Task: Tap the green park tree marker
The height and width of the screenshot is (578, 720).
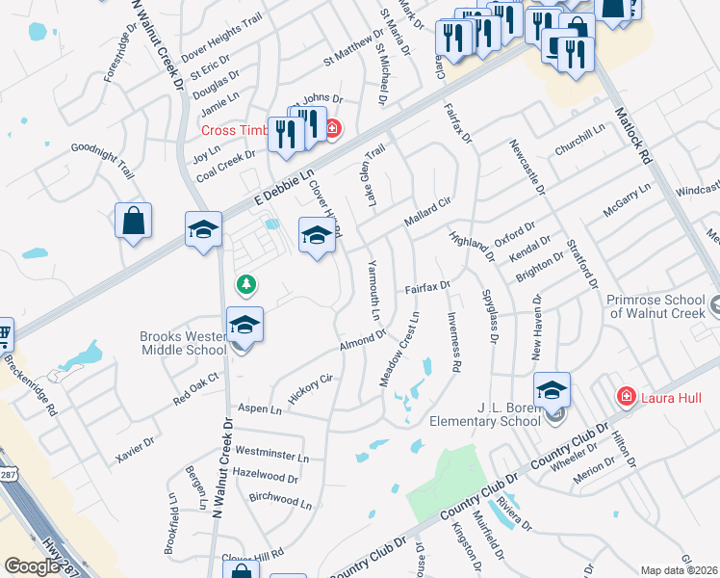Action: tap(247, 284)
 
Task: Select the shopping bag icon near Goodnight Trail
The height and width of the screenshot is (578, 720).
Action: tap(133, 221)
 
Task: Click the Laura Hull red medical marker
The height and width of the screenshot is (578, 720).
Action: tap(626, 396)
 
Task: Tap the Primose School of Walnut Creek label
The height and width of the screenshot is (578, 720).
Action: tap(657, 306)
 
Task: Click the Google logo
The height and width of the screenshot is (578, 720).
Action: tap(32, 566)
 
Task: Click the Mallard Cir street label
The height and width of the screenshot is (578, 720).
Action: tap(427, 212)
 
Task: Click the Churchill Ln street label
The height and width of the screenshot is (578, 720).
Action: tap(579, 141)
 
